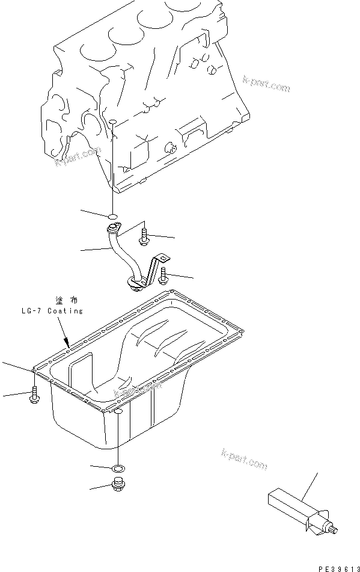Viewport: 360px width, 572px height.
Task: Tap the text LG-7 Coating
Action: tap(50, 311)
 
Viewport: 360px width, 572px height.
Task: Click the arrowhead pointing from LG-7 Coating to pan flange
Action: tap(68, 343)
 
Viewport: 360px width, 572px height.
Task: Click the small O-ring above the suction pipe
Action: tap(112, 215)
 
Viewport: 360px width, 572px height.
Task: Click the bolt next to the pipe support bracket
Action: tap(164, 275)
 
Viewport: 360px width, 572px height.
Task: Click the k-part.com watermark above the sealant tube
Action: tap(244, 460)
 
